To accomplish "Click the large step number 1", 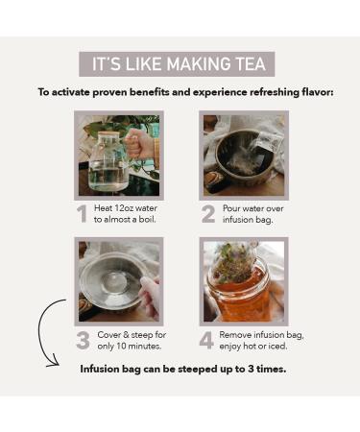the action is [83, 214].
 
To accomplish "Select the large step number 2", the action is [208, 214].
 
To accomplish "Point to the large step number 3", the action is [83, 341].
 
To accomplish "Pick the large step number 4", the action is [206, 341].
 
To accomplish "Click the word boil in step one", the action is [147, 220].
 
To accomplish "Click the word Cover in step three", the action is [108, 335].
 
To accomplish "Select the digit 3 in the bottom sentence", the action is [251, 369].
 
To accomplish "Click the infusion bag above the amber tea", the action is [234, 263].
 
